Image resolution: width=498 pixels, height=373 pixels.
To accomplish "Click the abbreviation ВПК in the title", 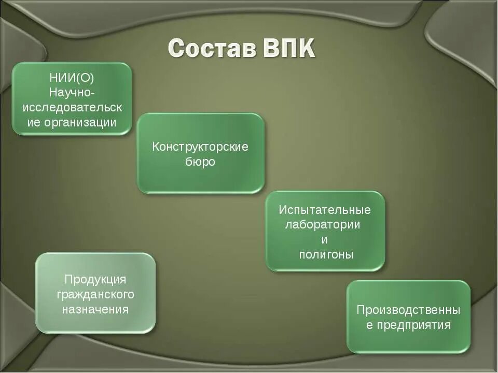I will coord(289,49).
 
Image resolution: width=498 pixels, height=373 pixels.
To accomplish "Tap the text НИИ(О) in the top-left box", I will coord(72,78).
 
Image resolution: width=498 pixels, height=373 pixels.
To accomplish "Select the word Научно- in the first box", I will coord(72,93).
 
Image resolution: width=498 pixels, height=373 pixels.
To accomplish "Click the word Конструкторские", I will coord(200,147).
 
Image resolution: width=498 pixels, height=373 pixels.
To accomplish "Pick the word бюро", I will coord(200,162).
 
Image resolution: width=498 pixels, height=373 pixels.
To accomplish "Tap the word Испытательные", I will coord(325,210).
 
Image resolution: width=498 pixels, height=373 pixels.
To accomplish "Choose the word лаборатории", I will coord(323,225).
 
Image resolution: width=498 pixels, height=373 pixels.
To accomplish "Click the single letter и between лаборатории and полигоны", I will coord(325,240).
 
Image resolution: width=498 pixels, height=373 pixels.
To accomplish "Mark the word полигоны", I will coord(326,255).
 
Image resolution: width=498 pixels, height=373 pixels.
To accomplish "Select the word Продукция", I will coord(95,280).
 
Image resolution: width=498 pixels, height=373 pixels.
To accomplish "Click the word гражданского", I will coord(95,295).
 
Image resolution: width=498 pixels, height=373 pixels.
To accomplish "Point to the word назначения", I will coord(95,310).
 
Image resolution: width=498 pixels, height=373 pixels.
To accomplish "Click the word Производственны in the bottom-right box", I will coord(408,310).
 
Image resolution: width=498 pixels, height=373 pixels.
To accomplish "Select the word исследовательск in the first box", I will coord(72,108).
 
